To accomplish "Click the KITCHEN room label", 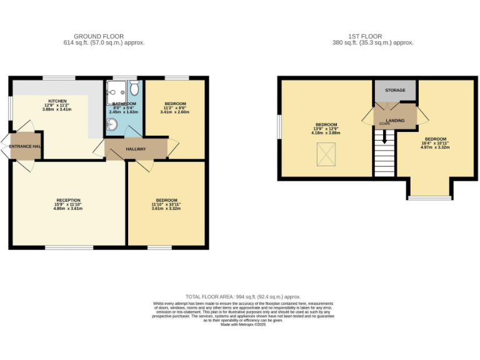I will [57, 101].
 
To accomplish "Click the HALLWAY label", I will [136, 149].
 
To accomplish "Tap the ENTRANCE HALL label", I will [24, 146].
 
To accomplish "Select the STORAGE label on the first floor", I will [394, 91].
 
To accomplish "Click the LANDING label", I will [395, 120].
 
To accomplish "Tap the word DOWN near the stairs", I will [384, 124].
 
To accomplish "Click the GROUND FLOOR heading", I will [99, 36].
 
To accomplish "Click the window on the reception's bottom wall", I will [69, 247].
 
